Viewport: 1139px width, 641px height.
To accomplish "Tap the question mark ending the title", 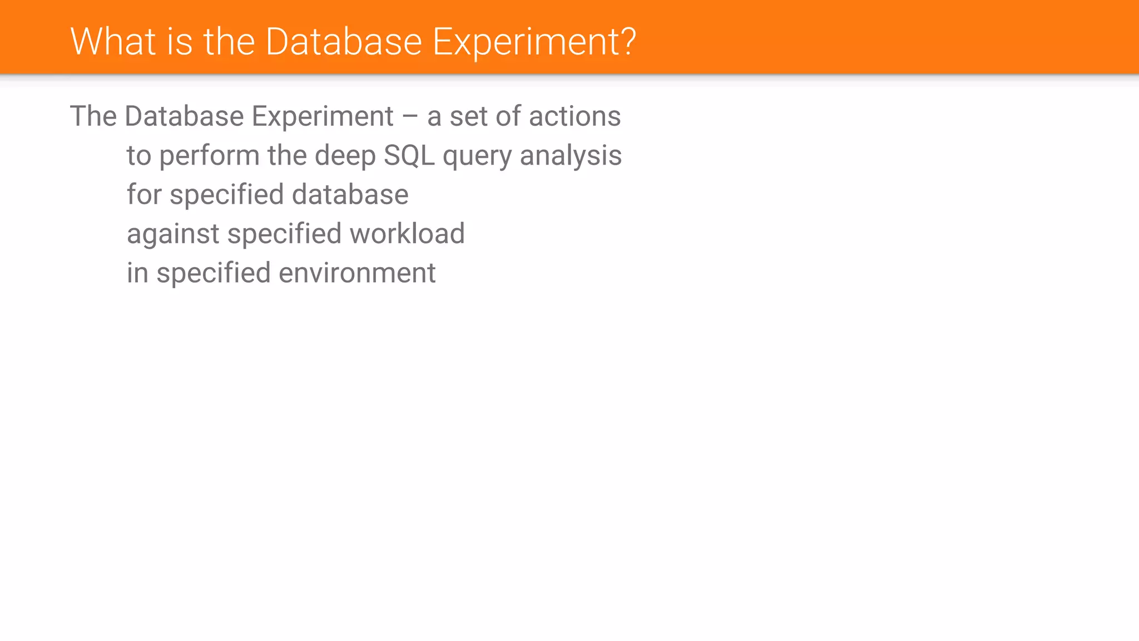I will [x=628, y=42].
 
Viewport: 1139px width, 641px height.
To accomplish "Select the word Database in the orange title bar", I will [x=344, y=42].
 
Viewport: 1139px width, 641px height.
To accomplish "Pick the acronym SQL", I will [x=409, y=156].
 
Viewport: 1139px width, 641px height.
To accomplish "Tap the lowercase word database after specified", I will [x=350, y=195].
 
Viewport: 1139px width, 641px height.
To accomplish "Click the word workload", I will [x=407, y=234].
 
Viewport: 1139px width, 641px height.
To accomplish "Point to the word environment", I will [x=357, y=273].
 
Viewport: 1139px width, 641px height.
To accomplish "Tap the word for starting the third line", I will [x=144, y=195].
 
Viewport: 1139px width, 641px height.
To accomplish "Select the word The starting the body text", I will [x=93, y=117].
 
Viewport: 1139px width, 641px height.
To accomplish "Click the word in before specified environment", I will [x=137, y=273].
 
